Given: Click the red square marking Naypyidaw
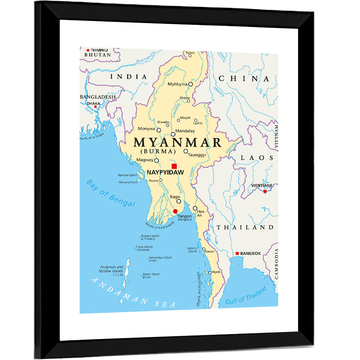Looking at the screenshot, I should coord(174,166).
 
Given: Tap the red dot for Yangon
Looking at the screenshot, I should coord(175,211).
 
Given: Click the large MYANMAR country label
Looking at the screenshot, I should coord(177,143).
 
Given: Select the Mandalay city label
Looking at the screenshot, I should coord(185,131).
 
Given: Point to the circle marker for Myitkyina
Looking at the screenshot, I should coord(191,84).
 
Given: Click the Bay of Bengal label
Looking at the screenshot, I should coord(111,193).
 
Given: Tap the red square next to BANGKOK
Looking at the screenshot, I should coord(237,253).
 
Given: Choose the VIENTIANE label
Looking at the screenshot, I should coord(262,185).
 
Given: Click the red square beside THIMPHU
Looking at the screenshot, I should coord(88,50).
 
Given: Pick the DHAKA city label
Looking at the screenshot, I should coord(93,103).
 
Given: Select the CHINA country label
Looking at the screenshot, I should coord(244,79).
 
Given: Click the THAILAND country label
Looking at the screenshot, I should coord(245,227).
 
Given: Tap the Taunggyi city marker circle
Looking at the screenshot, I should coord(186,151).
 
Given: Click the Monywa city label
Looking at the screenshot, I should coord(147,129).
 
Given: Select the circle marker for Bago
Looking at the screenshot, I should coord(179,201).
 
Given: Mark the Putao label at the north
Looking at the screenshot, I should coord(190,53).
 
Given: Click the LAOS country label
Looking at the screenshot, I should coord(257,158).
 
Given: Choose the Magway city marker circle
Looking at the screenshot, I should coord(157,160).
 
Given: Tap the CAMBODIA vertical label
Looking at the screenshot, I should coord(276,265).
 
